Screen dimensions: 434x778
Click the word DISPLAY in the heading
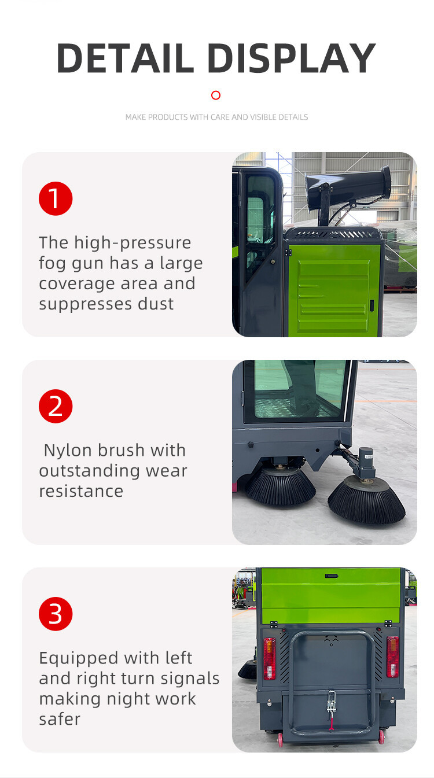click(x=292, y=58)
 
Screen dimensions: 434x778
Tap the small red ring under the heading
click(x=216, y=95)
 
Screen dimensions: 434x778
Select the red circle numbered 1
click(x=56, y=198)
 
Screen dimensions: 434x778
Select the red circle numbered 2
click(x=56, y=406)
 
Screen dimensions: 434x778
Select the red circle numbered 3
click(x=56, y=614)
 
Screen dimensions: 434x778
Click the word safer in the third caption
click(x=60, y=719)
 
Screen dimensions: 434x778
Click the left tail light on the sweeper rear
click(x=269, y=658)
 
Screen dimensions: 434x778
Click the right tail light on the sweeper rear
click(x=393, y=657)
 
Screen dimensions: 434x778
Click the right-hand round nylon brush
click(x=366, y=500)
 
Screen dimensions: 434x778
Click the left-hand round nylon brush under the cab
click(x=281, y=486)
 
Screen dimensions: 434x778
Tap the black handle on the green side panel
click(x=372, y=305)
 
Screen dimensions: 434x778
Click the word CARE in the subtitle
click(x=220, y=117)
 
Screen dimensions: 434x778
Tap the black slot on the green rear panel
click(x=332, y=576)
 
